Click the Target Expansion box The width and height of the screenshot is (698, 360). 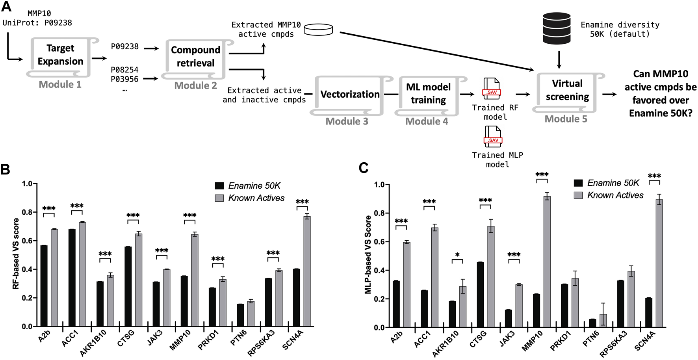coord(60,55)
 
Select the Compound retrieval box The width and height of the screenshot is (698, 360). coord(195,57)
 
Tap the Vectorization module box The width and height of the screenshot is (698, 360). coord(350,95)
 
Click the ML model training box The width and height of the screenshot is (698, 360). coord(428,94)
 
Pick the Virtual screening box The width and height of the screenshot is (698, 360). coord(567,91)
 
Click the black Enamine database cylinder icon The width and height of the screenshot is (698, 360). coord(557,28)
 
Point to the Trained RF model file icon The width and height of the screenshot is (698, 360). coord(492,89)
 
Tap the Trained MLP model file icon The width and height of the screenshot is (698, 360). coord(493,136)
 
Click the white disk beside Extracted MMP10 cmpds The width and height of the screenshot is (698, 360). coord(318,30)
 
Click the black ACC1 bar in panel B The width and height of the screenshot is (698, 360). coord(72,278)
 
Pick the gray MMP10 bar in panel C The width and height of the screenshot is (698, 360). coord(547,262)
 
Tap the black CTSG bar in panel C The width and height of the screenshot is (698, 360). coord(480,295)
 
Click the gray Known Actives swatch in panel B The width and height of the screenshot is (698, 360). coord(219,198)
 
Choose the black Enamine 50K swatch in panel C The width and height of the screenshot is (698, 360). coord(578,183)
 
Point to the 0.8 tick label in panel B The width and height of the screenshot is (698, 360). coord(27,212)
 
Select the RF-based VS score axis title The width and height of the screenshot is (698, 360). coord(16,254)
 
